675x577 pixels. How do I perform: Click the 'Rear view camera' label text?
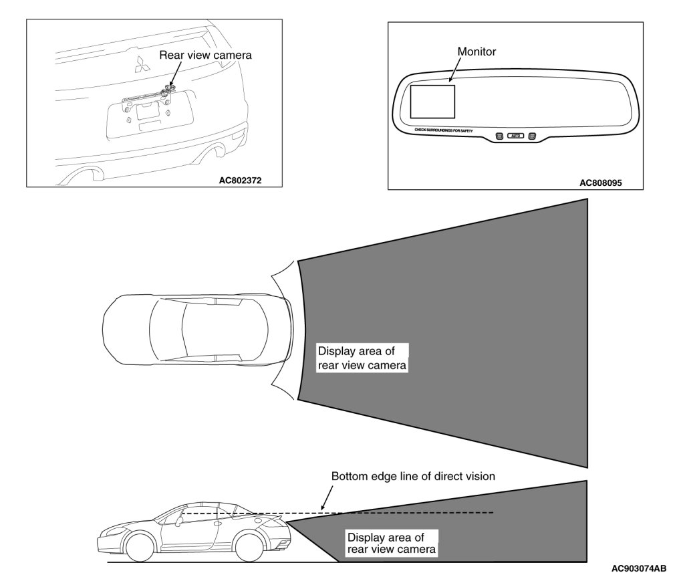(205, 55)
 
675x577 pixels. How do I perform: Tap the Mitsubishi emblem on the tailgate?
(142, 65)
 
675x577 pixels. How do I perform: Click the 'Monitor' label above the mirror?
(477, 51)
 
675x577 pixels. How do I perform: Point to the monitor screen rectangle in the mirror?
(432, 102)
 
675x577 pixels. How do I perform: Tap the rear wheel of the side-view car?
(256, 546)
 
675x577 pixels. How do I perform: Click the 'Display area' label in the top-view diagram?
(362, 358)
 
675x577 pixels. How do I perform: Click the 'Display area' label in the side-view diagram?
(392, 543)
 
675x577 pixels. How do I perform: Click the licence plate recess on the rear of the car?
(149, 112)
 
